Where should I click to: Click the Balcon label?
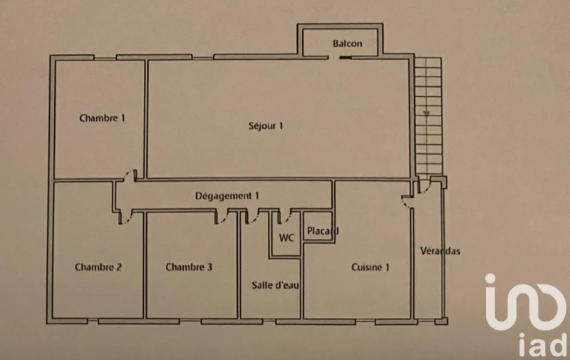pyautogui.click(x=347, y=43)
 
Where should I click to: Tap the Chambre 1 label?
pyautogui.click(x=102, y=118)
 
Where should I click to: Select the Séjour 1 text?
pyautogui.click(x=266, y=126)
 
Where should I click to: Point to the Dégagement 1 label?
pyautogui.click(x=227, y=195)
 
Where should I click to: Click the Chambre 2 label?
pyautogui.click(x=98, y=267)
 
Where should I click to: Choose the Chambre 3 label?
pyautogui.click(x=189, y=267)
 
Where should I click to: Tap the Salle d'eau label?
pyautogui.click(x=271, y=285)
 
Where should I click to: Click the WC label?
pyautogui.click(x=287, y=237)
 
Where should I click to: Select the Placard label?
pyautogui.click(x=321, y=231)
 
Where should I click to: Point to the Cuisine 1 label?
pyautogui.click(x=370, y=267)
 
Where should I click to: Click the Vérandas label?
pyautogui.click(x=440, y=251)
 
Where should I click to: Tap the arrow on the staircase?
pyautogui.click(x=426, y=112)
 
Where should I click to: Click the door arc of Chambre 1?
pyautogui.click(x=129, y=175)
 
